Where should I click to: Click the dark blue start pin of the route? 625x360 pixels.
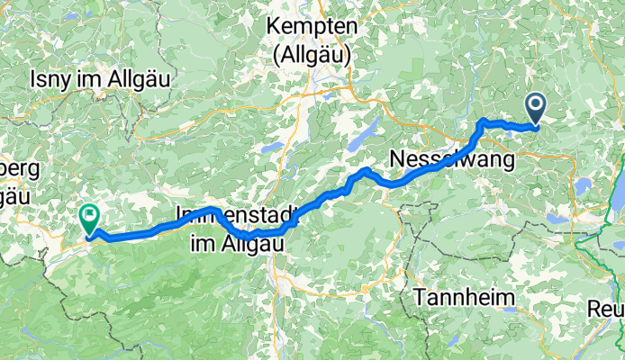pos(536,109)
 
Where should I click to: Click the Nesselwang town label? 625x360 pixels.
pos(452,160)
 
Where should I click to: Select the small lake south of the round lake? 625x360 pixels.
pos(557,218)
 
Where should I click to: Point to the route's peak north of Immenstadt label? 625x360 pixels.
pos(213,209)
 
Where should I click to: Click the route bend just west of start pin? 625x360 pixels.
pos(486,121)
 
